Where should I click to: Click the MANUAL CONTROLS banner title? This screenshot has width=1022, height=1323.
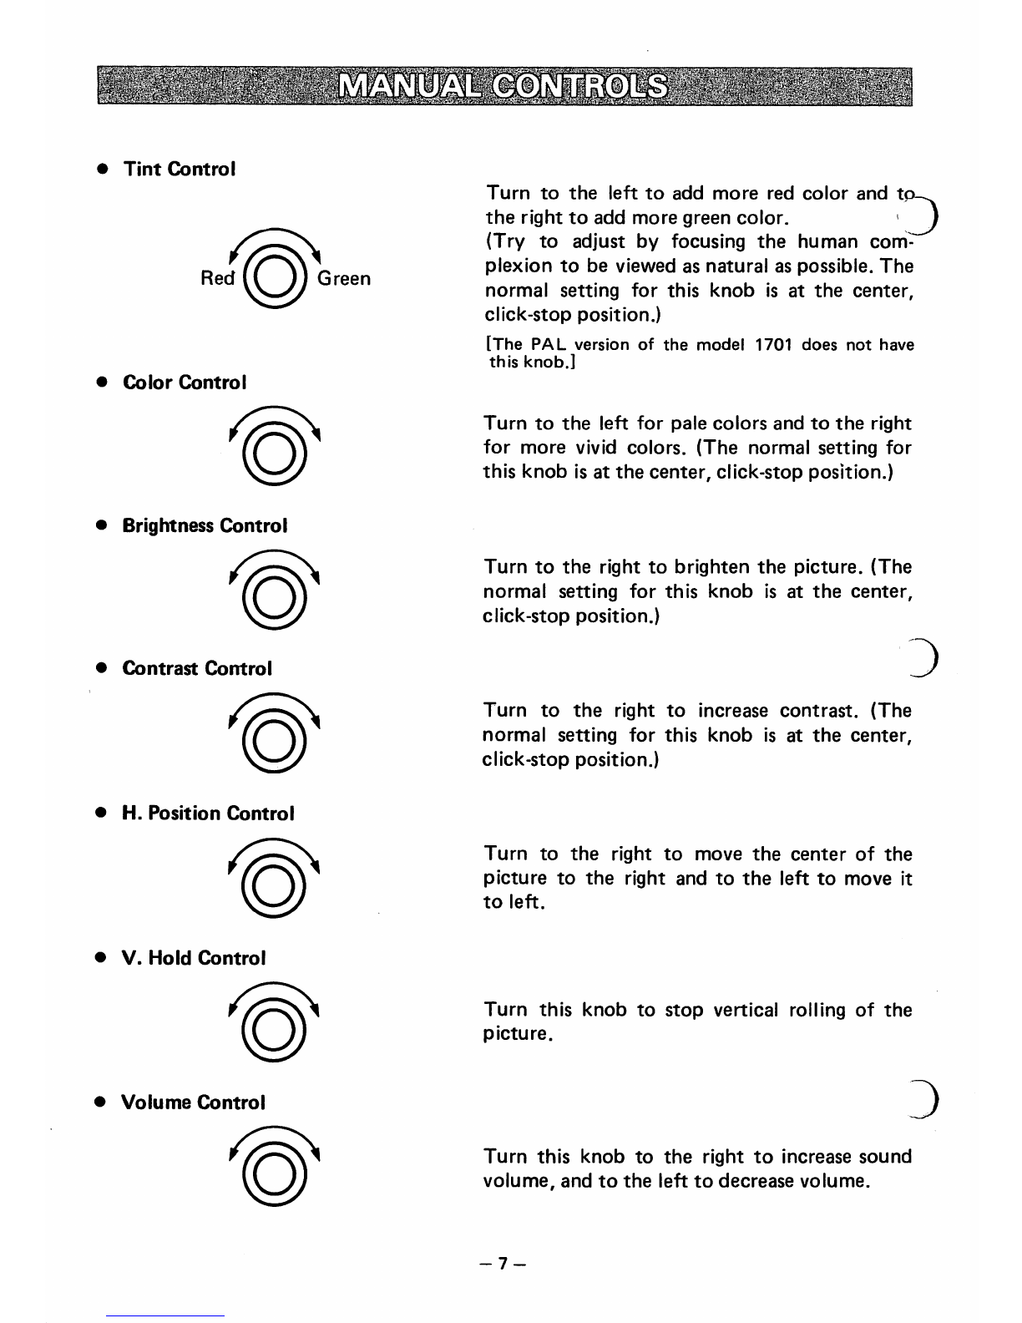tap(504, 87)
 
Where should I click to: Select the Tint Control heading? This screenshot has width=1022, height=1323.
tap(180, 169)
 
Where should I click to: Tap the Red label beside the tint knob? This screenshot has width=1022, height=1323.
tap(218, 278)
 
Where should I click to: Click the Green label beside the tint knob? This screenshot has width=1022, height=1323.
tap(343, 278)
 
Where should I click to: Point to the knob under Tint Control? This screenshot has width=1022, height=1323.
tap(273, 276)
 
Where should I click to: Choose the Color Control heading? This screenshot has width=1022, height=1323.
tap(185, 383)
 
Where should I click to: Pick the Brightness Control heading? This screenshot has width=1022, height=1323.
tap(205, 525)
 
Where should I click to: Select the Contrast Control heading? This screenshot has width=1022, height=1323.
tap(197, 668)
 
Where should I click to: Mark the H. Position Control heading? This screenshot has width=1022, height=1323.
tap(208, 813)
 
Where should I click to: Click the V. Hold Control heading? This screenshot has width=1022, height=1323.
tap(194, 958)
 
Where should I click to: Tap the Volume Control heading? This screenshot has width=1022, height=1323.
tap(194, 1102)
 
